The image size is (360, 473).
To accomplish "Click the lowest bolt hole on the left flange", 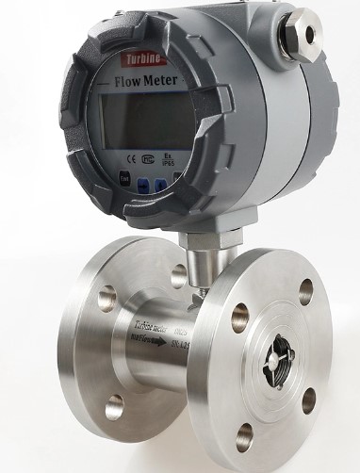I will [x=114, y=407].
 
